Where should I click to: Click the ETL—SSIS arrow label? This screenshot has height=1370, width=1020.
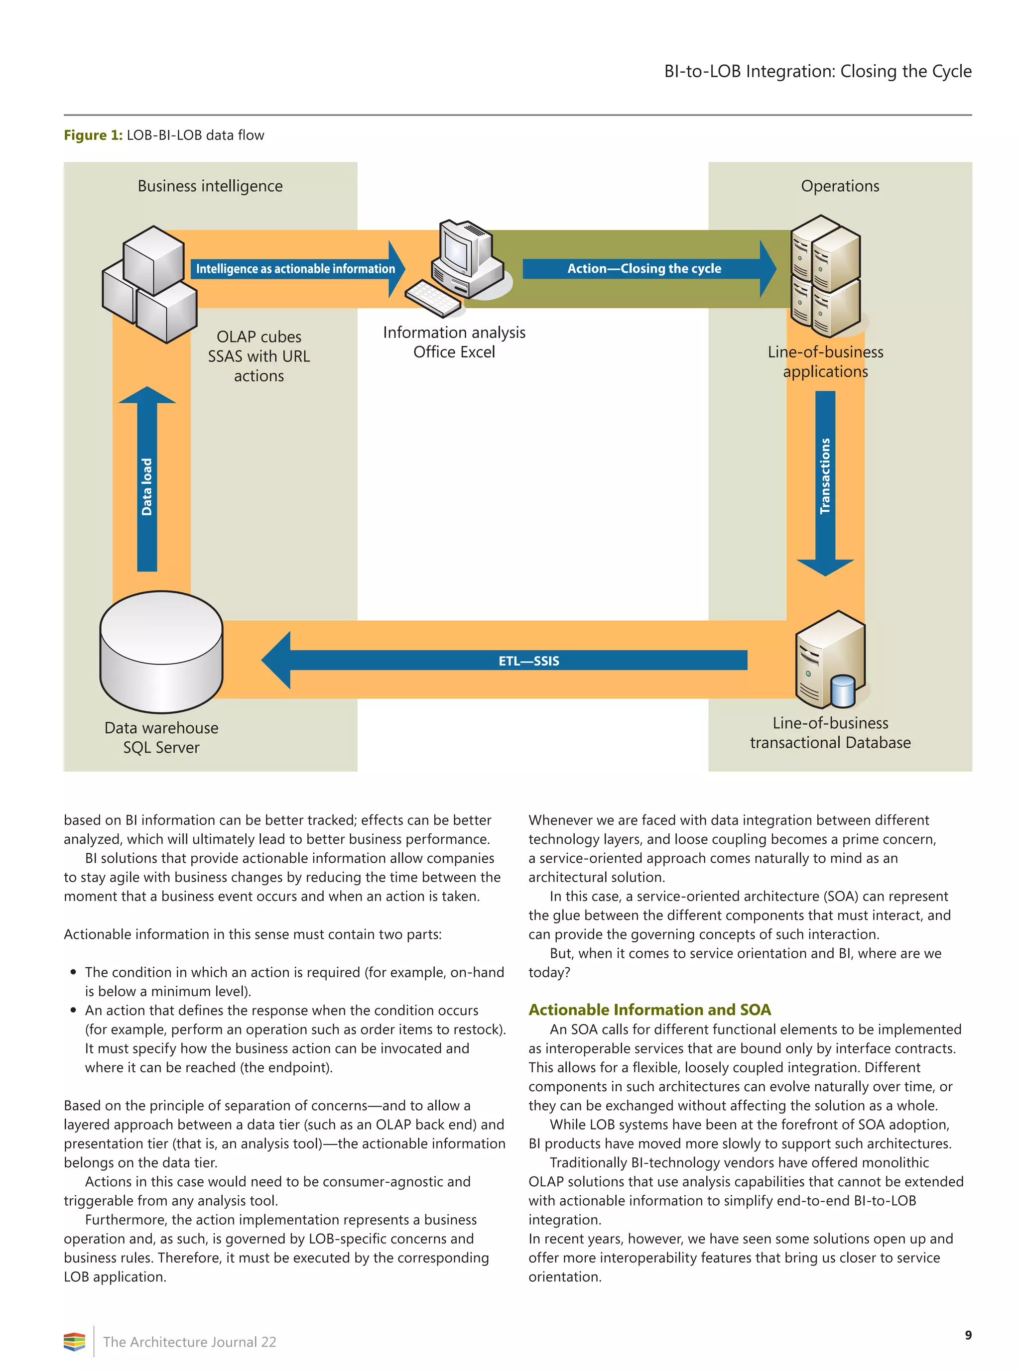click(528, 661)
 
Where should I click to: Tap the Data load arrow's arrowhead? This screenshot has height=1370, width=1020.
click(147, 396)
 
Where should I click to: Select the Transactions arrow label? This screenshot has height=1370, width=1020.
click(825, 476)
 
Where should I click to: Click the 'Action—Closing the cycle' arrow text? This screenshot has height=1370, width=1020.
click(644, 268)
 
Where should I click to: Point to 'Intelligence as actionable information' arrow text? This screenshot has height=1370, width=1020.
click(295, 269)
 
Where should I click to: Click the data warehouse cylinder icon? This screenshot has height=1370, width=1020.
click(161, 652)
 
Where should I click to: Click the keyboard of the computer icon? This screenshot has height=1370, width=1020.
click(433, 299)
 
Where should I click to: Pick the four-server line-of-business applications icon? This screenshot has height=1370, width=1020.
click(825, 276)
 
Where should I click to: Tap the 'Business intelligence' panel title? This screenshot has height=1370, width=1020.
click(210, 186)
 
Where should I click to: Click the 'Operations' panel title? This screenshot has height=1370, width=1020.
click(840, 186)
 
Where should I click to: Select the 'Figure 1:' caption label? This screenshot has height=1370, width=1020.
click(93, 135)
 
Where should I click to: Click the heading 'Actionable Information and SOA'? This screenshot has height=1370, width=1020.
click(649, 1010)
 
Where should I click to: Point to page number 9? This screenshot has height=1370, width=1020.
click(968, 1335)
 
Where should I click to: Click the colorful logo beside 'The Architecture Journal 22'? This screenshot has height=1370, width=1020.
click(74, 1342)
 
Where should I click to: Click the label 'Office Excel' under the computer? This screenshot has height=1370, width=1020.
click(454, 352)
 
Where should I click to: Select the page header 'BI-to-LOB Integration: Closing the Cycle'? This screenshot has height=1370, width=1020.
click(817, 72)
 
